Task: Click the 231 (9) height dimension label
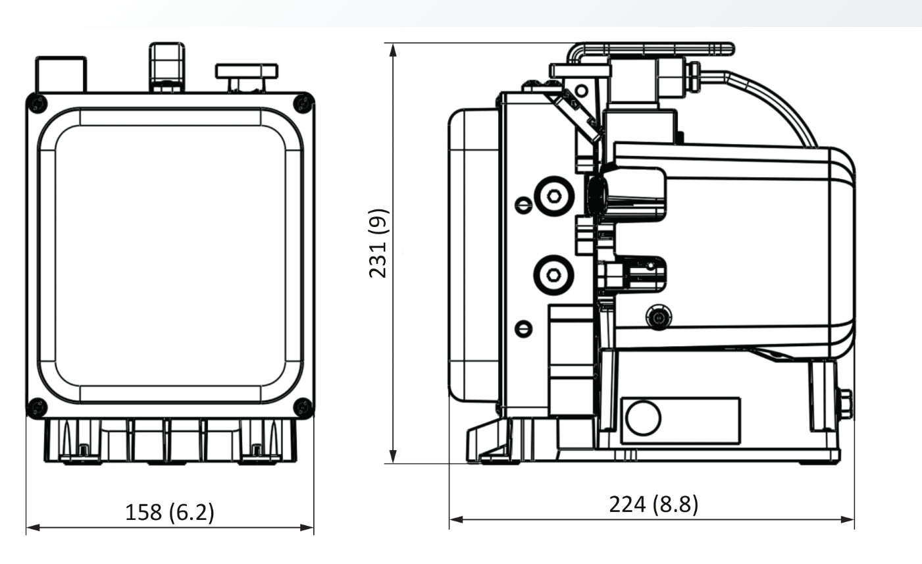(x=378, y=244)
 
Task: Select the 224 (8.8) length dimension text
(x=653, y=505)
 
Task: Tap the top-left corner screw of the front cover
(x=38, y=103)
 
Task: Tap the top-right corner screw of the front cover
(x=303, y=103)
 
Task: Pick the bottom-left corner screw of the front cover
(x=38, y=407)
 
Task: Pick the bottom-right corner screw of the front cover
(x=303, y=407)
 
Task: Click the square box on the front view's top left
(x=61, y=74)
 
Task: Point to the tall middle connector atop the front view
(x=166, y=66)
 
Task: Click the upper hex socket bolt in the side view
(x=553, y=195)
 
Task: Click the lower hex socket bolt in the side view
(x=553, y=276)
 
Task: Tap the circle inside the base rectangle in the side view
(x=643, y=418)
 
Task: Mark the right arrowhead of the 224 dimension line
(x=849, y=519)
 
